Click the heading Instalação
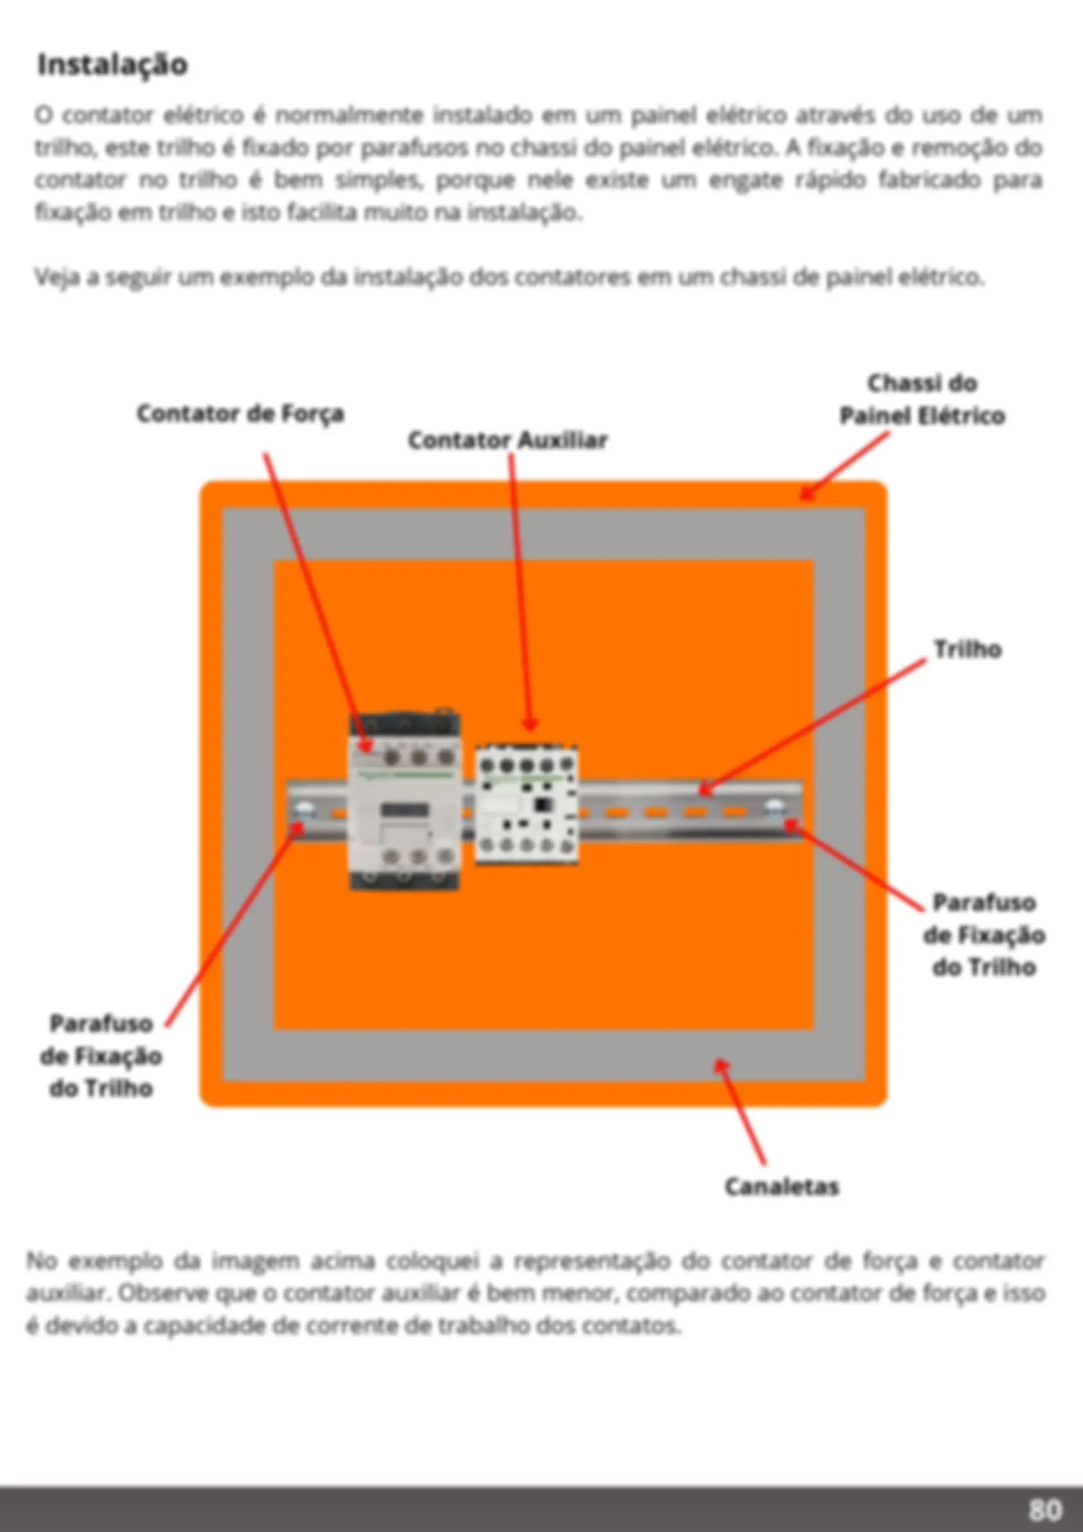tap(112, 65)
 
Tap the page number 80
tap(1045, 1509)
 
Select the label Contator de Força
tap(240, 413)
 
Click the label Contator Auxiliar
tap(508, 440)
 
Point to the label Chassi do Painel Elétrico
tap(922, 399)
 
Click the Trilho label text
tap(968, 649)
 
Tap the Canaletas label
tap(781, 1186)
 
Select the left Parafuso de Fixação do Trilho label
tap(101, 1056)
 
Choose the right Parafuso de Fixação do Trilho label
tap(984, 935)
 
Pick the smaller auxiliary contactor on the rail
tap(526, 804)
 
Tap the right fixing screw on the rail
tap(776, 810)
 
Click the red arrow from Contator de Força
tap(317, 604)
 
